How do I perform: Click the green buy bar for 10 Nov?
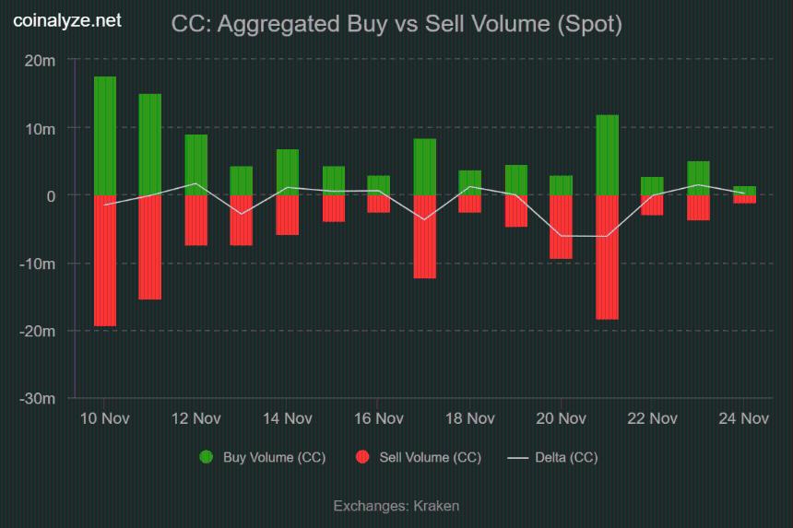(x=105, y=136)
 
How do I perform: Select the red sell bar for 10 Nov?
(x=105, y=261)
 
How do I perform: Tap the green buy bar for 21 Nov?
(x=608, y=156)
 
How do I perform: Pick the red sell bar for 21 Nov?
(x=608, y=257)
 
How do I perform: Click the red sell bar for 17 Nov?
(x=425, y=237)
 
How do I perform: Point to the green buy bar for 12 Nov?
(x=196, y=165)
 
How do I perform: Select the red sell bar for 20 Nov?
(x=562, y=227)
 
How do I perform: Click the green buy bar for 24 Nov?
(x=745, y=191)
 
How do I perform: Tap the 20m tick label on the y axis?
(x=41, y=61)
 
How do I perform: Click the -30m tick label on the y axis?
(x=39, y=399)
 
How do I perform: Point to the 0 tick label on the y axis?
(x=52, y=196)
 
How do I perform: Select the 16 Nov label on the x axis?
(x=379, y=419)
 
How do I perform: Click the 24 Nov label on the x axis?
(x=744, y=419)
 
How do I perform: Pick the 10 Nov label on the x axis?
(x=104, y=419)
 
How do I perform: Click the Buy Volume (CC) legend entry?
(x=263, y=458)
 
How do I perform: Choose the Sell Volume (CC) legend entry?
(x=418, y=458)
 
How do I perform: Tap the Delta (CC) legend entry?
(x=553, y=458)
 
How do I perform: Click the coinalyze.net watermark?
(x=66, y=21)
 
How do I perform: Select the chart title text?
(x=396, y=25)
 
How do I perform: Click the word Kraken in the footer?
(x=437, y=506)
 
